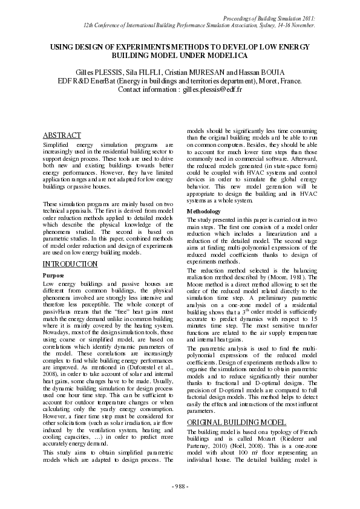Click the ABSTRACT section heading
point(62,135)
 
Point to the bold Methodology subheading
point(205,211)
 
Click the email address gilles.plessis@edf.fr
point(213,89)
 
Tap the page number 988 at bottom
point(180,487)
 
